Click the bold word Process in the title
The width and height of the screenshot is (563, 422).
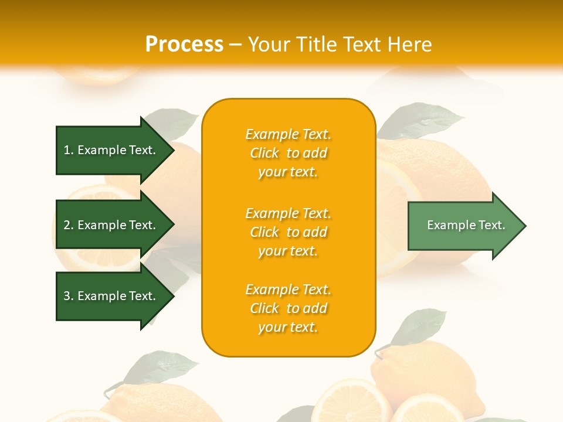pos(184,45)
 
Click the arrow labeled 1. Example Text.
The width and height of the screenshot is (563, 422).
pos(111,150)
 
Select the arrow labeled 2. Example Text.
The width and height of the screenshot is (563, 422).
pos(111,225)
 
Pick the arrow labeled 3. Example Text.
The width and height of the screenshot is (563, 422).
pos(111,296)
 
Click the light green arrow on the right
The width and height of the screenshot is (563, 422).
pos(463,226)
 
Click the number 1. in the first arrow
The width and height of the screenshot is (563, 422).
pos(69,150)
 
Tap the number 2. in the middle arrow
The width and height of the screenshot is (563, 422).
pos(69,225)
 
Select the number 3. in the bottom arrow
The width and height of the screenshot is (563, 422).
pos(69,296)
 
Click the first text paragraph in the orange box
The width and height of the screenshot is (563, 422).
pos(288,153)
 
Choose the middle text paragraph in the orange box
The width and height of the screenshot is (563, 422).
pos(288,232)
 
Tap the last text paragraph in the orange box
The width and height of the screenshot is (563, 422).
pos(288,308)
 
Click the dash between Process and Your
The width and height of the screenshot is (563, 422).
pos(235,45)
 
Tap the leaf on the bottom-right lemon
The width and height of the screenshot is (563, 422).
pos(419,326)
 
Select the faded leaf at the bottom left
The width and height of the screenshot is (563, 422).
pos(158,366)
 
